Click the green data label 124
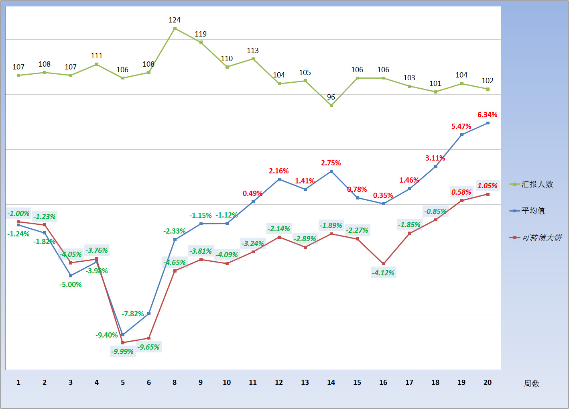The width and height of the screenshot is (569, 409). (x=175, y=20)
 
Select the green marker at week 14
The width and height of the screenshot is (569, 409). (x=331, y=106)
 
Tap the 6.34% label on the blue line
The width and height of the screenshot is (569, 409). (x=487, y=115)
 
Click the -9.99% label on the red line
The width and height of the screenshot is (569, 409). (x=122, y=352)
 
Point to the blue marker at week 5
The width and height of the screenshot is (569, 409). (x=123, y=335)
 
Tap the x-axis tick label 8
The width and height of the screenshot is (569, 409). (x=175, y=383)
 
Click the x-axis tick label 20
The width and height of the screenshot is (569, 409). (x=488, y=383)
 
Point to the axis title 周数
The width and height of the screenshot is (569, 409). (x=531, y=384)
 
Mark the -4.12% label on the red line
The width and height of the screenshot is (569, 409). (x=383, y=273)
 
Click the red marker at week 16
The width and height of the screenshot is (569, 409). (x=384, y=264)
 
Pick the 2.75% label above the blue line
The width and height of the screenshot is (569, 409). (x=331, y=163)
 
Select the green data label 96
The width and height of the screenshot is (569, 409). (x=331, y=97)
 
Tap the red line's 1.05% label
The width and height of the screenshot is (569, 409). (x=487, y=186)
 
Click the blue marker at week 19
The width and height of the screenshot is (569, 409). (x=462, y=134)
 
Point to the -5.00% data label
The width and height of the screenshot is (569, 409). (x=71, y=285)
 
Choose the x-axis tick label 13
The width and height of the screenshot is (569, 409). (x=305, y=383)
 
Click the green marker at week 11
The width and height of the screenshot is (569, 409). (x=253, y=59)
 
